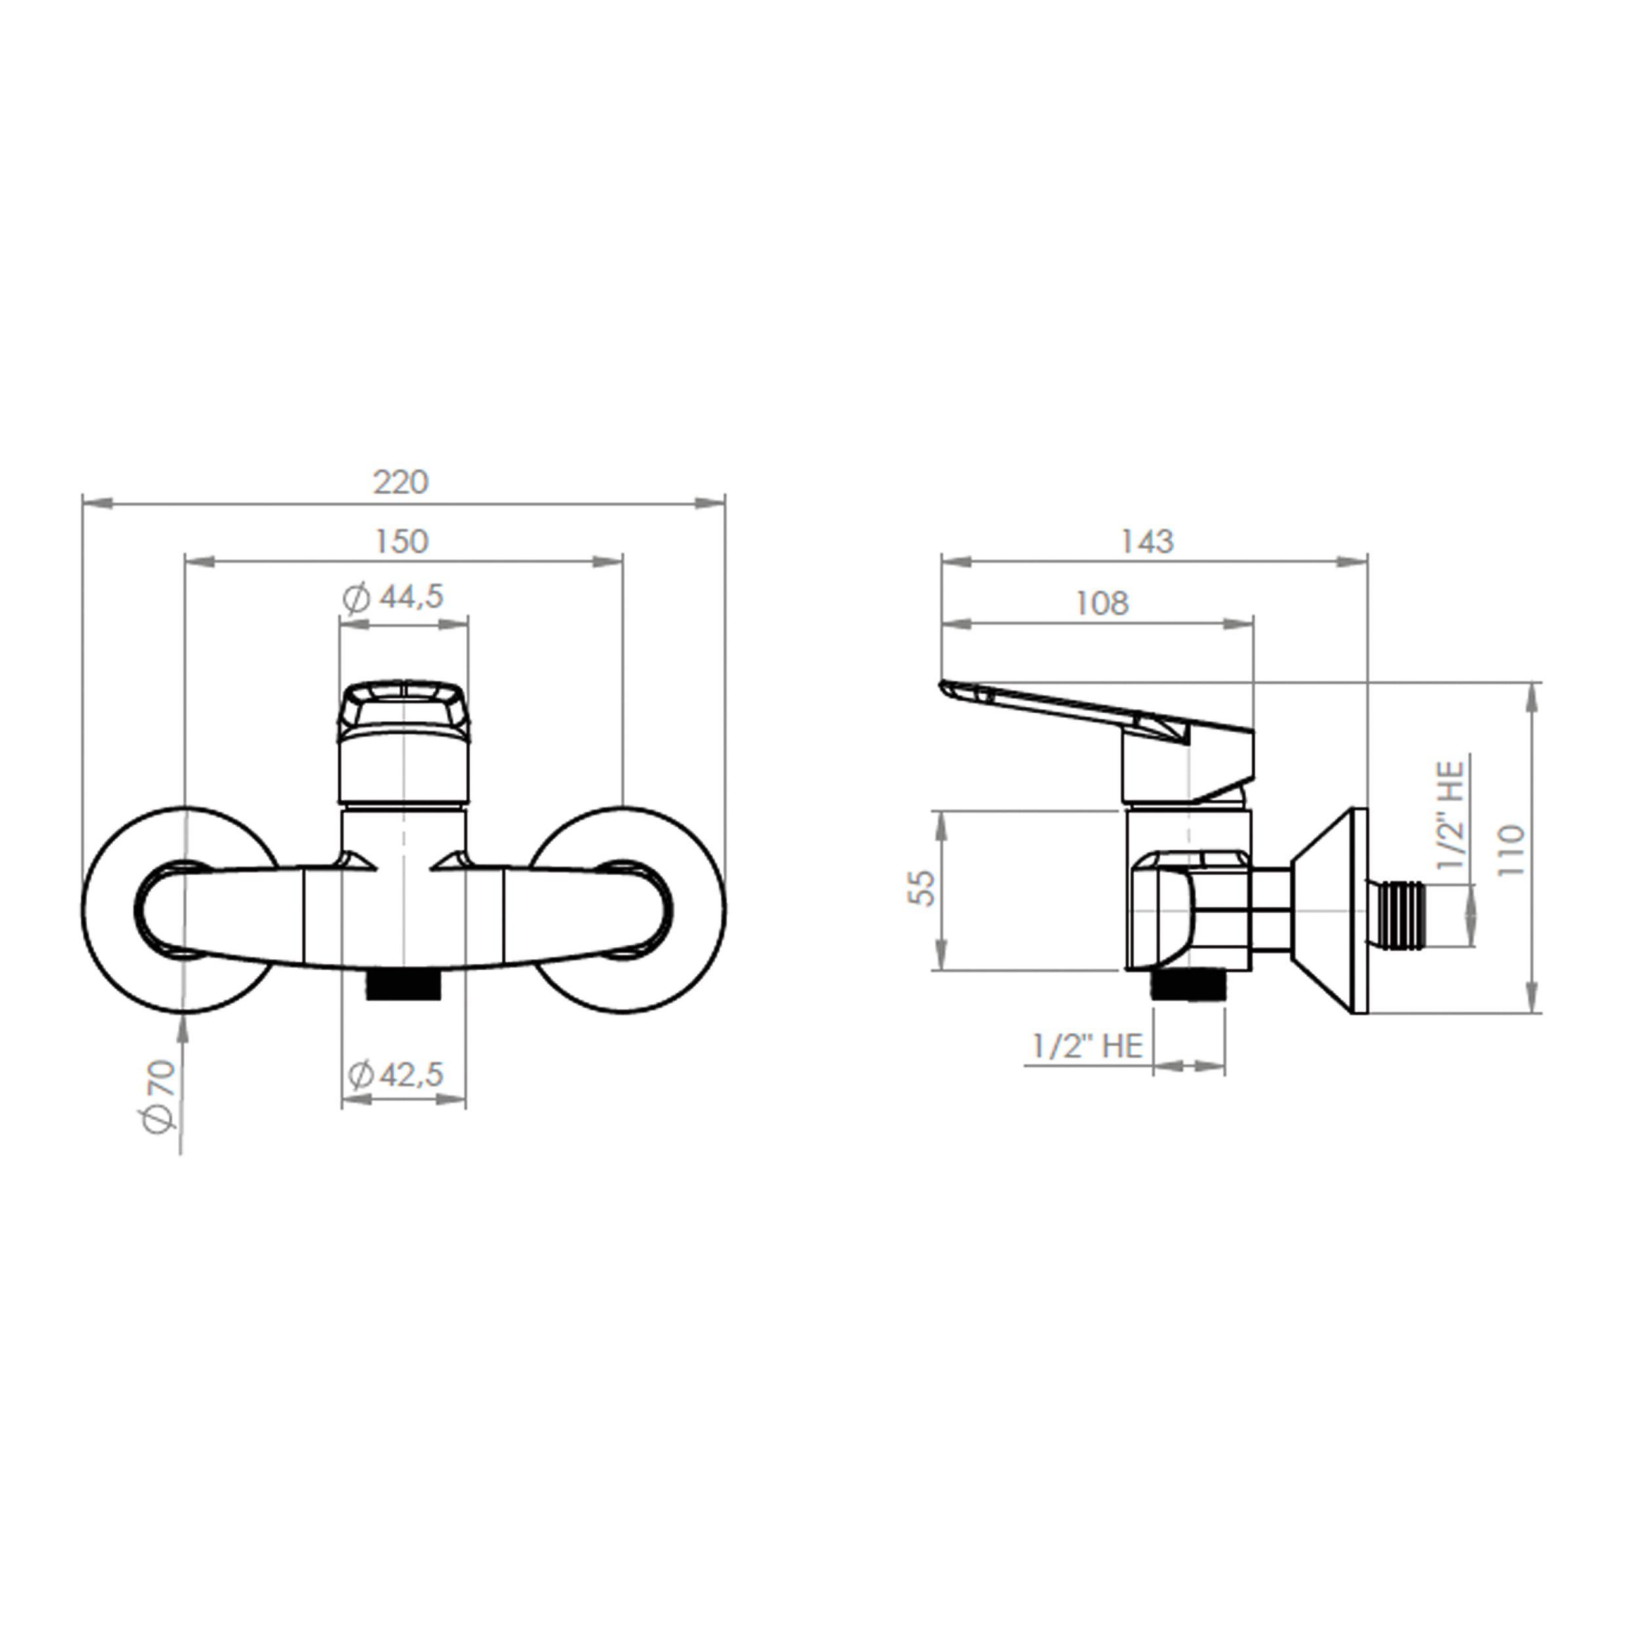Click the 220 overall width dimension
[401, 483]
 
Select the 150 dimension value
[401, 542]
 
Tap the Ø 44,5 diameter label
[393, 597]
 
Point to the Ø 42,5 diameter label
[396, 1075]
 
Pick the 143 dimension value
[1147, 542]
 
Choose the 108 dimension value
[1102, 603]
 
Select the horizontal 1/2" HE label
[1088, 1046]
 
